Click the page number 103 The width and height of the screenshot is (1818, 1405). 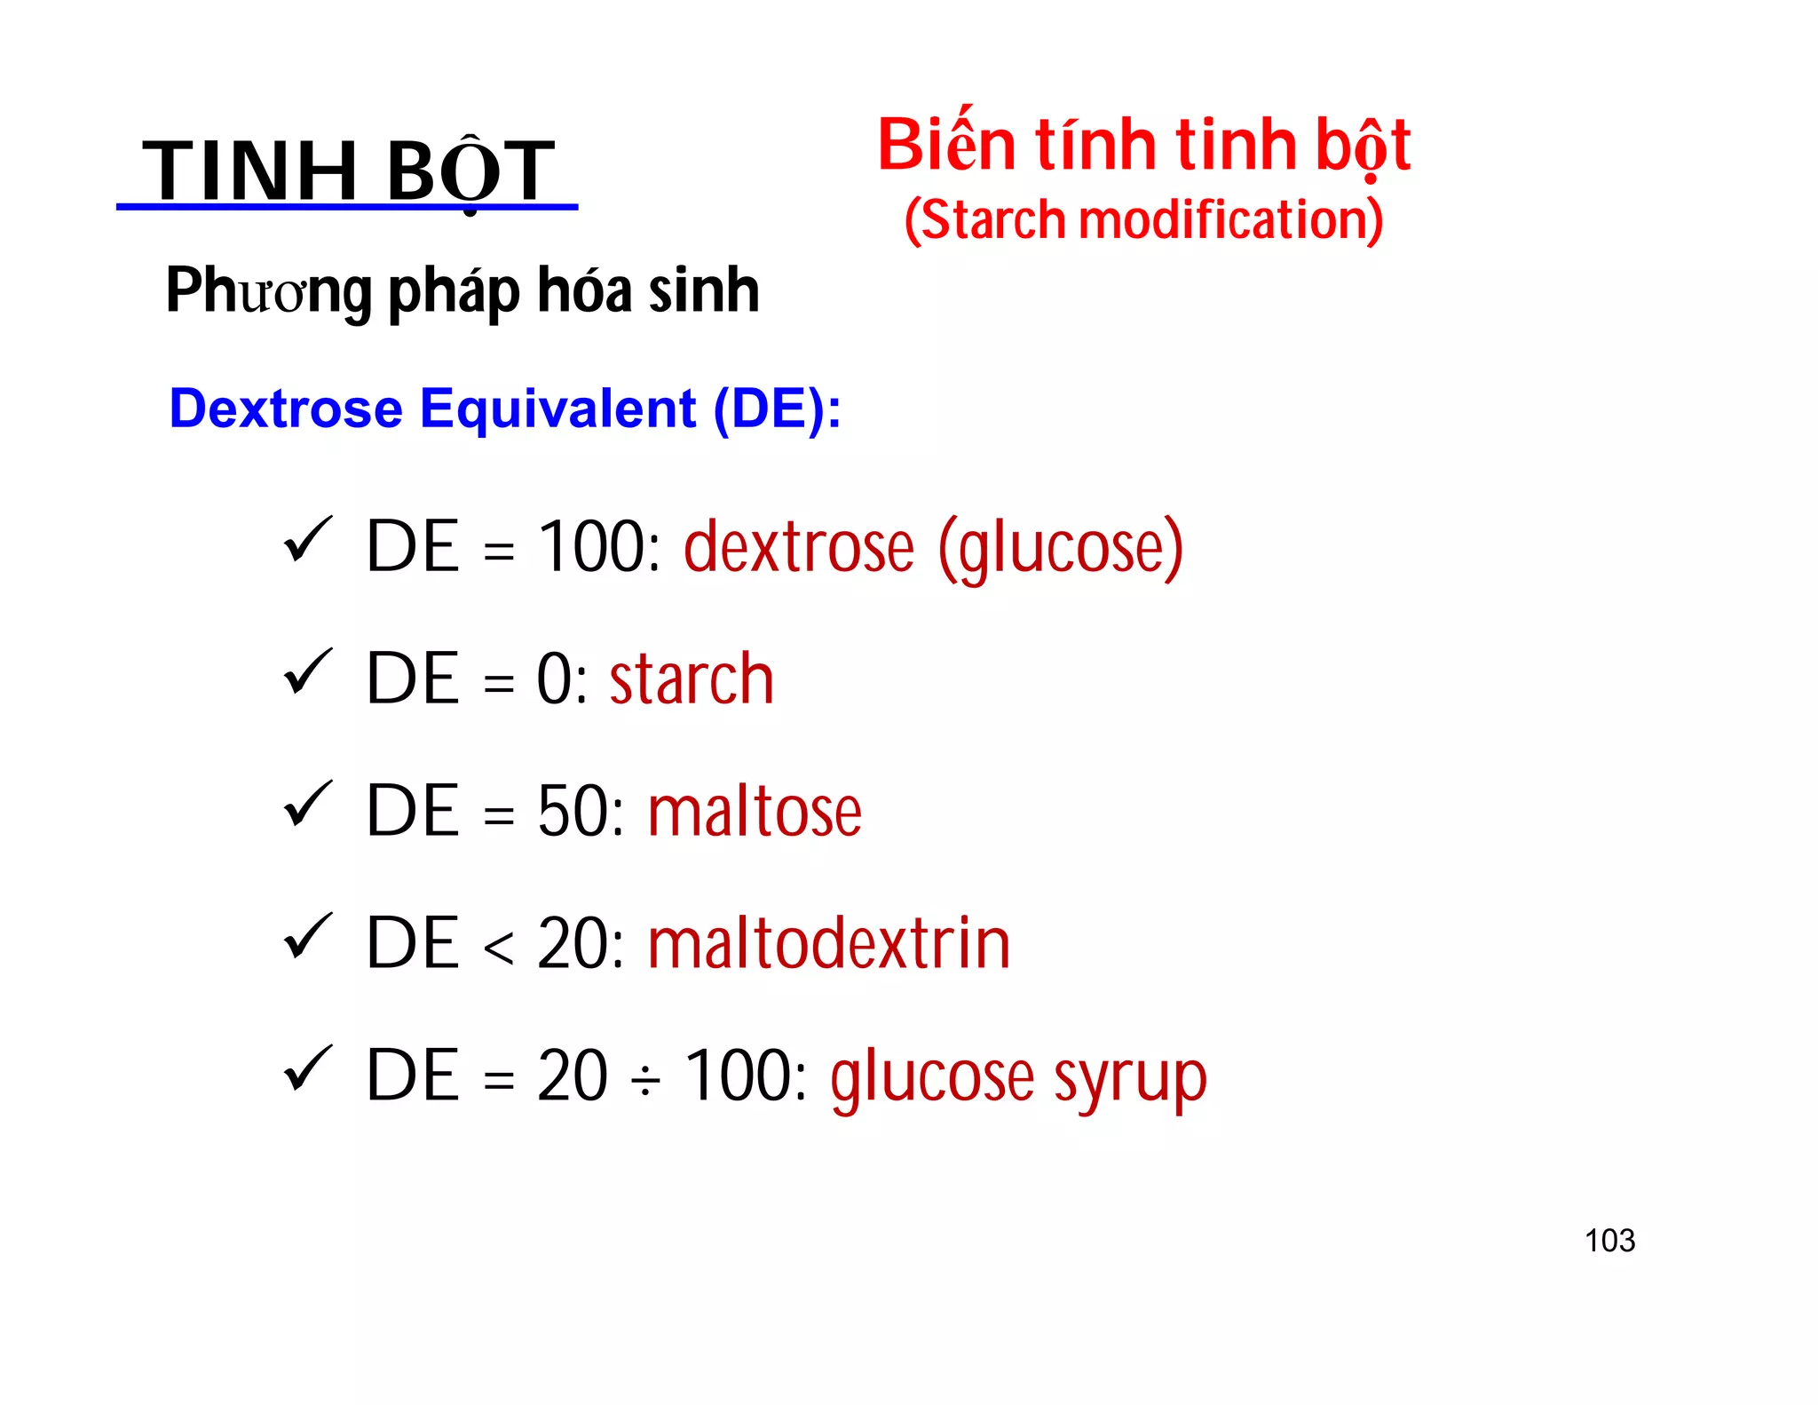click(1609, 1240)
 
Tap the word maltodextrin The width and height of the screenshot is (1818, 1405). click(829, 943)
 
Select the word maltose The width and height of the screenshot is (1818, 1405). click(755, 812)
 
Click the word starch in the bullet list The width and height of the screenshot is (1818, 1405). click(692, 679)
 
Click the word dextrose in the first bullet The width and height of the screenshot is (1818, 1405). click(798, 547)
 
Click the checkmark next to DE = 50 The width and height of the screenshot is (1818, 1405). click(307, 805)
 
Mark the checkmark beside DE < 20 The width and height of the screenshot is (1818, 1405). click(307, 937)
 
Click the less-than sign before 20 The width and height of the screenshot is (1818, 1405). click(499, 952)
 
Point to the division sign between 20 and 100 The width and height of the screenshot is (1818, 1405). click(645, 1082)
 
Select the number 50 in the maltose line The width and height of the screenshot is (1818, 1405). click(572, 812)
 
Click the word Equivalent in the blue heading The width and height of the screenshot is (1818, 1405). click(557, 409)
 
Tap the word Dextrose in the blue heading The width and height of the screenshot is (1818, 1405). click(286, 409)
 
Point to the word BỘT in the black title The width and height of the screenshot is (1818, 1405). click(470, 171)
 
